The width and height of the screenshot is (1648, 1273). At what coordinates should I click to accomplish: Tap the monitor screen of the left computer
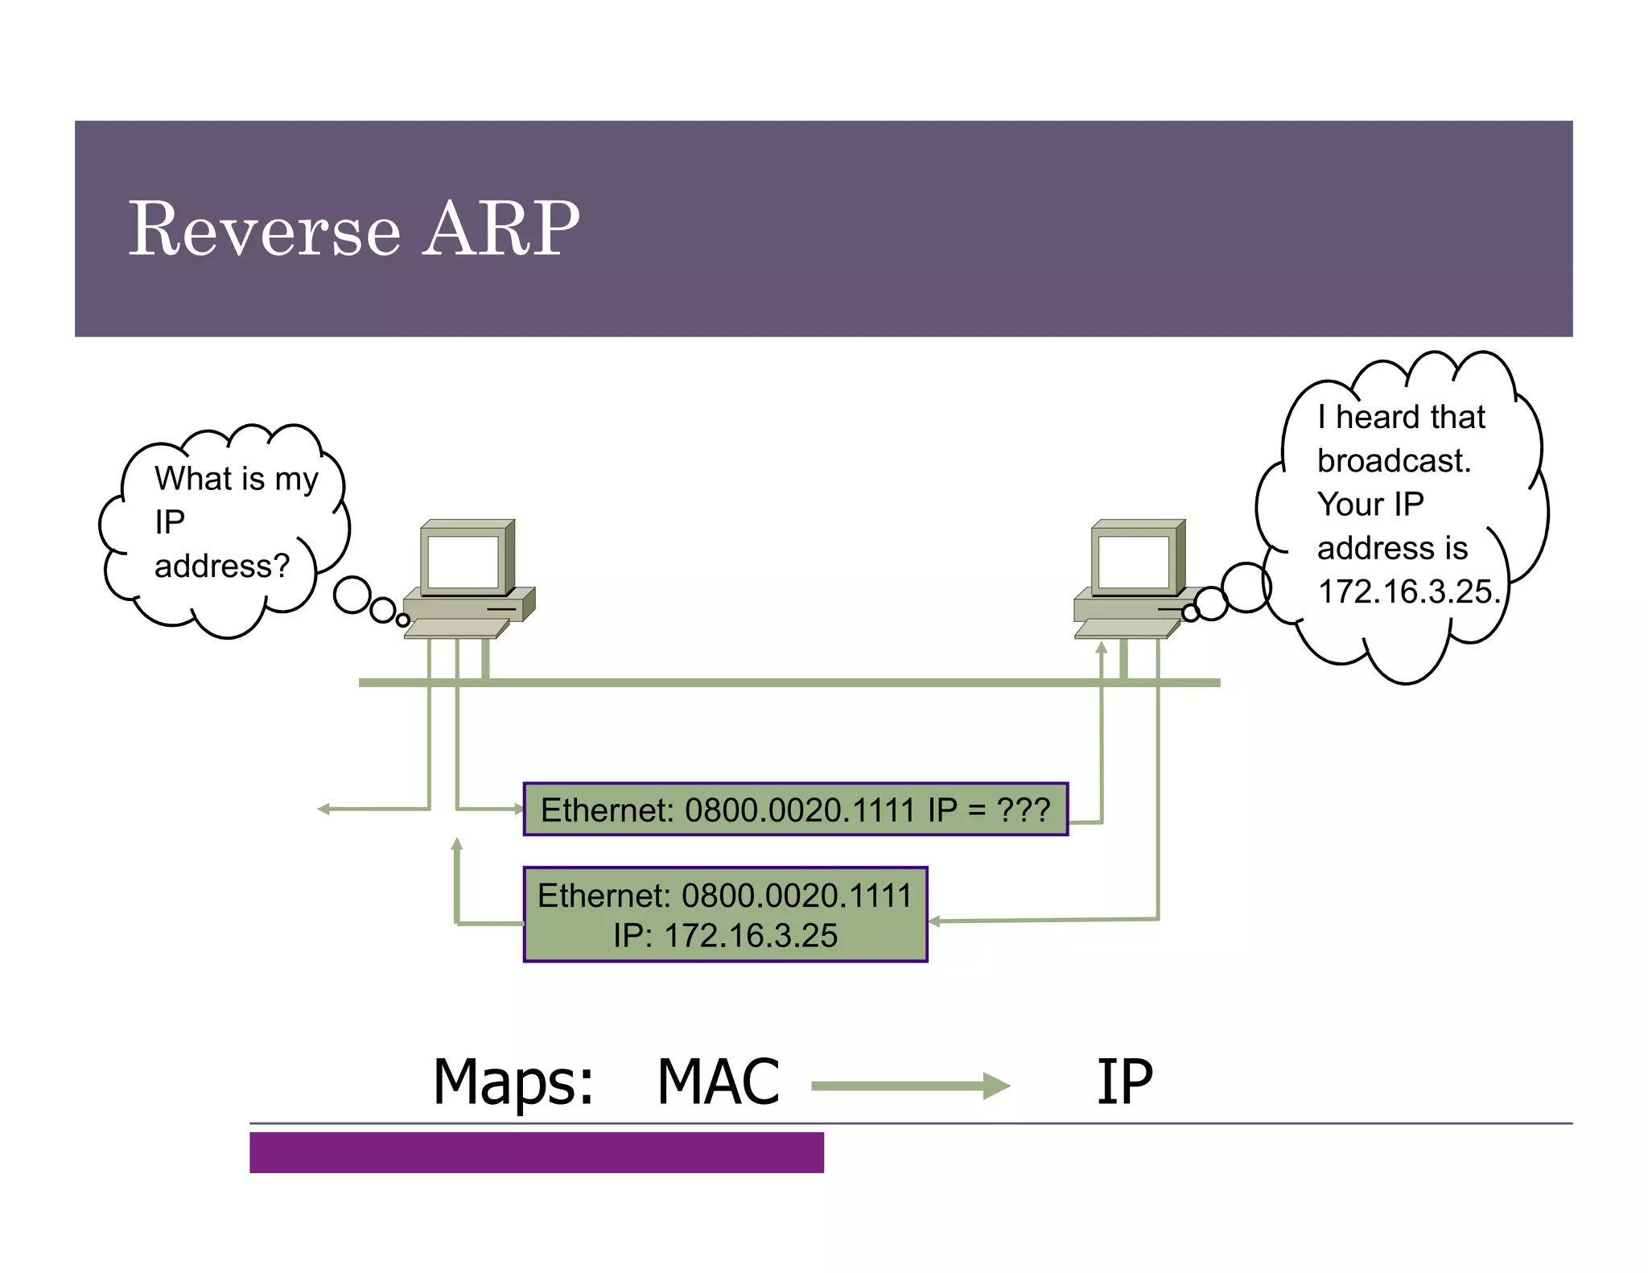click(x=463, y=561)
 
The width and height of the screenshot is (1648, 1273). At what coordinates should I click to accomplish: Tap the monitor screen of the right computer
click(x=1133, y=561)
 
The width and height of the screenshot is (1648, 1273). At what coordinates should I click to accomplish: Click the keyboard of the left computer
click(x=455, y=628)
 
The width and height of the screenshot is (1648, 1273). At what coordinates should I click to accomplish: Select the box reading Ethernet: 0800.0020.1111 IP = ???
click(x=795, y=809)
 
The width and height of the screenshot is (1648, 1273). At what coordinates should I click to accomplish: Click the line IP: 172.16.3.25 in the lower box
click(x=725, y=936)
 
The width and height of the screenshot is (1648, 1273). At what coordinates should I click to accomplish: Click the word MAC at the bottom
click(x=718, y=1082)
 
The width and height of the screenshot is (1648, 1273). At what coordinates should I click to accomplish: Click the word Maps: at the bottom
click(x=513, y=1082)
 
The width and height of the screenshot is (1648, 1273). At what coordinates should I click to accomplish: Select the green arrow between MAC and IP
click(x=909, y=1086)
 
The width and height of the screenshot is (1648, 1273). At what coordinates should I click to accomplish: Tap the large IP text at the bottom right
click(x=1124, y=1082)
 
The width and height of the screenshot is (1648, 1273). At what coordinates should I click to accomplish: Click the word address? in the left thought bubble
click(x=221, y=566)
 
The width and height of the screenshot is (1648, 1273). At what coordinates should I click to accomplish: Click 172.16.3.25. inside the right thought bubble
click(x=1408, y=591)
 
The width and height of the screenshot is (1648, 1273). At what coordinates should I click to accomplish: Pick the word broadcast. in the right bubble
click(x=1394, y=461)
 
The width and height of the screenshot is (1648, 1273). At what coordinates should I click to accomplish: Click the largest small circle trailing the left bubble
click(x=352, y=595)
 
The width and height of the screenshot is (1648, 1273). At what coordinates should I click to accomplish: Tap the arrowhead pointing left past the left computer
click(x=323, y=809)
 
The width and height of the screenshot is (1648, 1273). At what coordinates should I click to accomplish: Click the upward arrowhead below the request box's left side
click(x=456, y=844)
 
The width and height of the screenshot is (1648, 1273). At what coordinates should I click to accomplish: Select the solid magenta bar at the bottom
click(x=536, y=1151)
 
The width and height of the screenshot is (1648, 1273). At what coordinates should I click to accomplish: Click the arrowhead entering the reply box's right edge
click(x=935, y=921)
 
